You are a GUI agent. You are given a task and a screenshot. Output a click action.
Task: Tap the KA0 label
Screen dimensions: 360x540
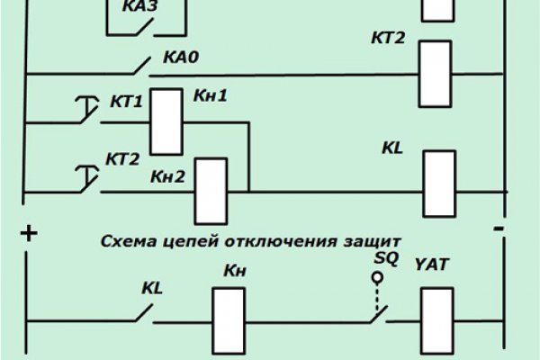(x=180, y=58)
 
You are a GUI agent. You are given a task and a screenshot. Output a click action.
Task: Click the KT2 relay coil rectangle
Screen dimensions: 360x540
(x=436, y=73)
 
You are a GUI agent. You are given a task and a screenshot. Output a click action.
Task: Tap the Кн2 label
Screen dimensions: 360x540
(x=168, y=177)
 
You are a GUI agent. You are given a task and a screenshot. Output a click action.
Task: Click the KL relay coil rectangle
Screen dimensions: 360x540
(x=438, y=184)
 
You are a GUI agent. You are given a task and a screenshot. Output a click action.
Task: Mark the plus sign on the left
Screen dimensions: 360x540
(x=29, y=234)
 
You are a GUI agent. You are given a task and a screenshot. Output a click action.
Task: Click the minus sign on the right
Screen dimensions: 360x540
(x=497, y=230)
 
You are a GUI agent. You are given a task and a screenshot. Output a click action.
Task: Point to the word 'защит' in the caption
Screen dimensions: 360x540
(x=373, y=241)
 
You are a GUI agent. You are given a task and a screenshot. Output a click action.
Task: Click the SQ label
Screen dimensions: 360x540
(x=383, y=258)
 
